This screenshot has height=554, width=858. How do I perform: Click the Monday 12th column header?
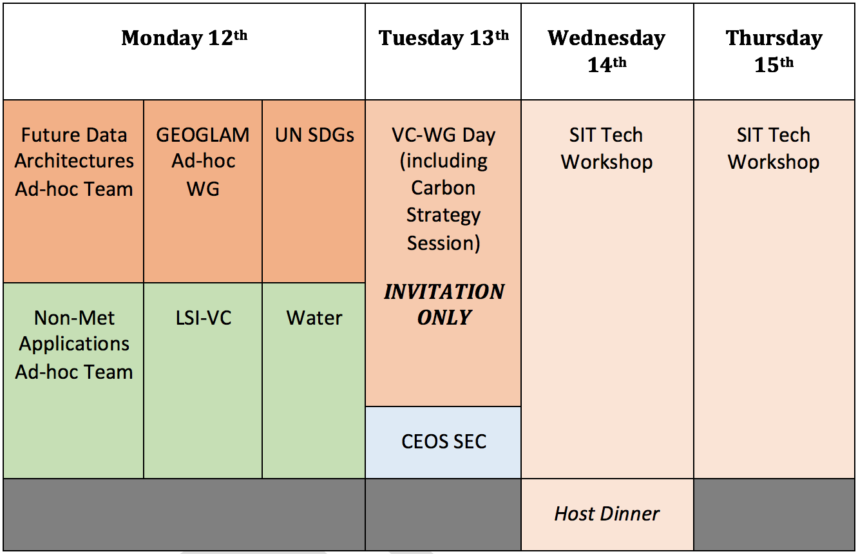coord(184,52)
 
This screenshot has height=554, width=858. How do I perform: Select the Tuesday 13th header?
coord(443,52)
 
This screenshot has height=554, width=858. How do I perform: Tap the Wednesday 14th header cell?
coord(607,52)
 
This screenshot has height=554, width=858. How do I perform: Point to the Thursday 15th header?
coord(774,52)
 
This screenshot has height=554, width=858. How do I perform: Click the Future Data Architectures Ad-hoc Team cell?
coord(73,191)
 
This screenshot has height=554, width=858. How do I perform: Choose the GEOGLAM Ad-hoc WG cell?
coord(203,191)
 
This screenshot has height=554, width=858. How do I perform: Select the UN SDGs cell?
coord(314,191)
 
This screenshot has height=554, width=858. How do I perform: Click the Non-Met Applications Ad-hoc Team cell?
coord(73,381)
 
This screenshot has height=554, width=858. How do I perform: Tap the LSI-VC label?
coord(204,318)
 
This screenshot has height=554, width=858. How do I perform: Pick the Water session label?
coord(314,318)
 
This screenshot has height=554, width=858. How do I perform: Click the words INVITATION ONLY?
coord(444,305)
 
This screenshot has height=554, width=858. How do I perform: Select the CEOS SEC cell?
coord(443,443)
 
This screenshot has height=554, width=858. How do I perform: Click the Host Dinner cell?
coord(607,515)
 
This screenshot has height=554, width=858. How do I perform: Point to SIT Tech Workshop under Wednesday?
coord(607,149)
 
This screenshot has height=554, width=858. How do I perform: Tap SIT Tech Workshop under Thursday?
coord(774,149)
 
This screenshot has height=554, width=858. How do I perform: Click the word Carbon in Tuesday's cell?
coord(443,187)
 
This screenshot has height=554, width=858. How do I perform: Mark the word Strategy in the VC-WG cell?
coord(443,216)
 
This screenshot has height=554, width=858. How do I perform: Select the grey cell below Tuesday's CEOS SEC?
coord(443,515)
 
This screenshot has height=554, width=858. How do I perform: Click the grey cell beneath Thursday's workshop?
coord(774,515)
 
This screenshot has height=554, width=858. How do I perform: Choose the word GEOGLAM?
coord(203,135)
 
